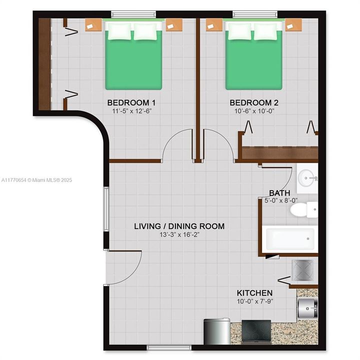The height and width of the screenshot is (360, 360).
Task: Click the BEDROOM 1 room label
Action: [131, 102]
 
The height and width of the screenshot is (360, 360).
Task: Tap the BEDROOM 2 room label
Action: [254, 102]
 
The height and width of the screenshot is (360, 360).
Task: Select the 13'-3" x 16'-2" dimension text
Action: [179, 234]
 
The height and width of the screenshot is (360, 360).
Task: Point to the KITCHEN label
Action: [254, 292]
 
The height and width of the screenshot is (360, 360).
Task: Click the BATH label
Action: [279, 192]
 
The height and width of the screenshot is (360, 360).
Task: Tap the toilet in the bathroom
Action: [304, 209]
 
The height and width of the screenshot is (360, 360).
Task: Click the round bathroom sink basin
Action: [305, 177]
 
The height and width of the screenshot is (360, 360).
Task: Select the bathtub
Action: [290, 239]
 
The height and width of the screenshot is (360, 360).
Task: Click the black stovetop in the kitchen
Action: [256, 332]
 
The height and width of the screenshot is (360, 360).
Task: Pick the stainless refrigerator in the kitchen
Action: [216, 331]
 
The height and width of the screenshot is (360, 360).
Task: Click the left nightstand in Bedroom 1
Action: [93, 25]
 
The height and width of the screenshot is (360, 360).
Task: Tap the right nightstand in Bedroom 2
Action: [293, 25]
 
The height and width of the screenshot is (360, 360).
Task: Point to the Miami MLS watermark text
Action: [36, 180]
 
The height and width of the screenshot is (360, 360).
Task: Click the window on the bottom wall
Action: [169, 347]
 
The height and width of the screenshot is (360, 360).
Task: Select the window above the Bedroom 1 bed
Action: [133, 14]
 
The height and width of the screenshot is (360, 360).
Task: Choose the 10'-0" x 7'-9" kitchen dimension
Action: [255, 301]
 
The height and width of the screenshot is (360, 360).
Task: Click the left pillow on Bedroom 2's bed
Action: [239, 31]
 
